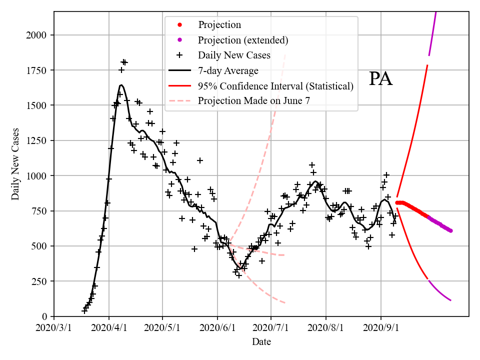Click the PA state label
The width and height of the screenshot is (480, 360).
pos(380,79)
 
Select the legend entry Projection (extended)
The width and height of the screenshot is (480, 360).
pos(243,40)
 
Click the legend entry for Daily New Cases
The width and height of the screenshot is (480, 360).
pos(234,55)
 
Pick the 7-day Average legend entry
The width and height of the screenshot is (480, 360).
pos(228,70)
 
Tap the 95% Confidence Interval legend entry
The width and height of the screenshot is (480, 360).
pos(275,86)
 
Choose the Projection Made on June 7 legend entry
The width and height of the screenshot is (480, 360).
pos(254,101)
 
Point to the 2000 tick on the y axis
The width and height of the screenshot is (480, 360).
pos(38,35)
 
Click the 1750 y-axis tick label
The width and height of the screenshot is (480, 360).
pos(38,70)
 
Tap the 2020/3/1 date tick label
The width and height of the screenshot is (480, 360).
pos(54,328)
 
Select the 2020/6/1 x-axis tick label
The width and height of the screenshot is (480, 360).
pos(217,328)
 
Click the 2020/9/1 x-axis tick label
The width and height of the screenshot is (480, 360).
pos(381,328)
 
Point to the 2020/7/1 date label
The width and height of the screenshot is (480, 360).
pos(271,328)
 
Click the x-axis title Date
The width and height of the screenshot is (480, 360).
pos(261,342)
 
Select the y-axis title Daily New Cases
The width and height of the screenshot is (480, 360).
pos(15,164)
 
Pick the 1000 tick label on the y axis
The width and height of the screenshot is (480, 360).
pos(38,176)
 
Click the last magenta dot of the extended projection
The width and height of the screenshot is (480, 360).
pos(450,230)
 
